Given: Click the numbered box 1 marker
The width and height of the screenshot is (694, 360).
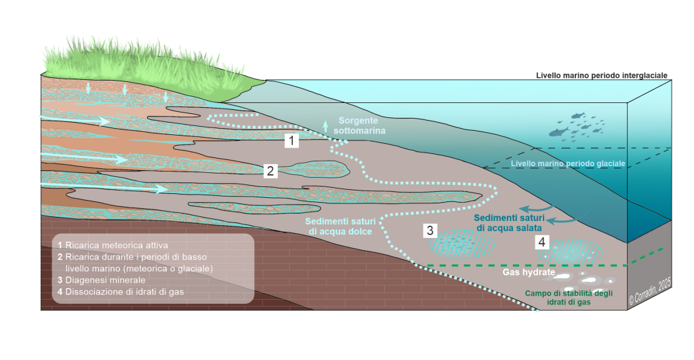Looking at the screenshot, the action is pyautogui.click(x=291, y=141).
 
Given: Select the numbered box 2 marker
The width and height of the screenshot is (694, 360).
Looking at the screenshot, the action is pyautogui.click(x=270, y=170).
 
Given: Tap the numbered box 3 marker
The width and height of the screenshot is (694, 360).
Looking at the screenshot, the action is pyautogui.click(x=430, y=231).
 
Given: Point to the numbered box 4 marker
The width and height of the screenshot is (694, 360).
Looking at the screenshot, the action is pyautogui.click(x=542, y=242).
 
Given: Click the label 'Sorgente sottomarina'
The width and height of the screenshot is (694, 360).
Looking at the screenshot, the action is pyautogui.click(x=359, y=125).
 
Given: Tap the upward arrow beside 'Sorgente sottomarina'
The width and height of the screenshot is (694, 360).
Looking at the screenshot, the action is pyautogui.click(x=325, y=125).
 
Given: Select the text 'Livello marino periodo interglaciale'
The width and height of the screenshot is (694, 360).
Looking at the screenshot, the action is pyautogui.click(x=602, y=76).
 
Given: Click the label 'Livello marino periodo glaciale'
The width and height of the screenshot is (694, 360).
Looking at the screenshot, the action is pyautogui.click(x=568, y=164).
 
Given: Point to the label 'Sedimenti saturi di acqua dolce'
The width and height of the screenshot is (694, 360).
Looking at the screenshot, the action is pyautogui.click(x=340, y=226).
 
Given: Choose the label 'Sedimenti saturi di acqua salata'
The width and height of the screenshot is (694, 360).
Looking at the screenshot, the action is pyautogui.click(x=509, y=223).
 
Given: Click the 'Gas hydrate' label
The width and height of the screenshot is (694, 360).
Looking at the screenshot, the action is pyautogui.click(x=529, y=272).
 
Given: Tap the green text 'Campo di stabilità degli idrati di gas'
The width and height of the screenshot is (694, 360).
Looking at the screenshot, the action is pyautogui.click(x=569, y=298).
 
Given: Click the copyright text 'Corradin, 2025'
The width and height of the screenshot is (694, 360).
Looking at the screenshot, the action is pyautogui.click(x=650, y=291).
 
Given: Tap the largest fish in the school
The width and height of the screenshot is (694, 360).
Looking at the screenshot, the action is pyautogui.click(x=558, y=132).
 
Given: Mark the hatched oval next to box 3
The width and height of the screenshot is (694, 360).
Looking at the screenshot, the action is pyautogui.click(x=462, y=243).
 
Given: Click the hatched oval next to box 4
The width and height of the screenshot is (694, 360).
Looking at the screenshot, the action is pyautogui.click(x=569, y=252).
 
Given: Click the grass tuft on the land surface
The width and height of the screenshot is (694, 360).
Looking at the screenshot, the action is pyautogui.click(x=146, y=62).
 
